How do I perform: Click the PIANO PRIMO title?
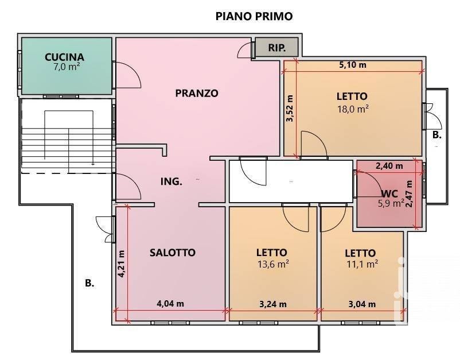pos(254,16)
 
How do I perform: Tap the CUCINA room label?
pos(64,57)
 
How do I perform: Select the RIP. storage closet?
pos(277,47)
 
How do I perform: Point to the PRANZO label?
pos(197,93)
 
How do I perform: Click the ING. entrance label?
pos(171,181)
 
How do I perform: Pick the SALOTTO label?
pos(173,253)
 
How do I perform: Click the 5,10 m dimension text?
pos(353,65)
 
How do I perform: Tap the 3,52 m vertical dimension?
pos(290,108)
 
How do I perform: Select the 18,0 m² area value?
pos(353,109)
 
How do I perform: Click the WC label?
pos(389,193)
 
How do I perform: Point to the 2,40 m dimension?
pos(389,166)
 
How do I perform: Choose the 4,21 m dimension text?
pos(121,264)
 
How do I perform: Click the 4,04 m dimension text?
pos(170,304)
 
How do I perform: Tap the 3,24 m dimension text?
pos(273,304)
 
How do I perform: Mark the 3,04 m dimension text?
pos(362,304)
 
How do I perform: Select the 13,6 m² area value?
pos(273,264)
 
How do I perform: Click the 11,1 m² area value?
pos(362,264)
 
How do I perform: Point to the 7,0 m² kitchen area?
pos(67,67)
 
